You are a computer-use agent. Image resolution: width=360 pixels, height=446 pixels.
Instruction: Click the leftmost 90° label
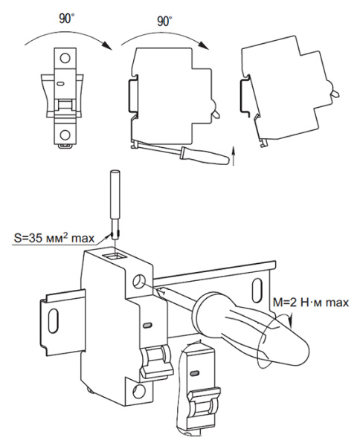point(67,19)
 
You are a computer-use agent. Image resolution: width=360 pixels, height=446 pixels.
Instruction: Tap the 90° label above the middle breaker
point(165,22)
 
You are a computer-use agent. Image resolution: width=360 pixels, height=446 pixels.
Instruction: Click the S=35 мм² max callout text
point(54,238)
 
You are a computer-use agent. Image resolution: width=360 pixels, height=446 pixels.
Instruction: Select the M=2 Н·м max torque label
point(311,302)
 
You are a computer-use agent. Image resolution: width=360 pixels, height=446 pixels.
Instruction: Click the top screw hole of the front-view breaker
point(65,58)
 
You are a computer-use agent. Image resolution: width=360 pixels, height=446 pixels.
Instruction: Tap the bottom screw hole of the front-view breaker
point(65,135)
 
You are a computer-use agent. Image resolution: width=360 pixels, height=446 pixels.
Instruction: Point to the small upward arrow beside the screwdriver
point(234,156)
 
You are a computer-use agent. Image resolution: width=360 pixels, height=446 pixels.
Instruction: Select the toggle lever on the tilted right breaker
point(335,91)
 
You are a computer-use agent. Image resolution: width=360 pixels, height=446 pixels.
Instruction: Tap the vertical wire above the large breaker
point(115,205)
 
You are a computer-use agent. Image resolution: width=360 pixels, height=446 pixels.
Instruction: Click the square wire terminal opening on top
point(115,257)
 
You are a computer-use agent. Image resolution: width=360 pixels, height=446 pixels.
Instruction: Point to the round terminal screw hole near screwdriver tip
point(138,282)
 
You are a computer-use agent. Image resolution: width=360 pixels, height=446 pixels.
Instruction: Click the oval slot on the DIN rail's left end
point(54,320)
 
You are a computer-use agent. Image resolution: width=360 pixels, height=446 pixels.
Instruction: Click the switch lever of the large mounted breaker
point(156,362)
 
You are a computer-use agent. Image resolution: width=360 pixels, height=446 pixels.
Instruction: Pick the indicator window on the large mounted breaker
point(148,325)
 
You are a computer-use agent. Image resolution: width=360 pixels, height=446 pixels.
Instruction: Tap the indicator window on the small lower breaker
point(195,372)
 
